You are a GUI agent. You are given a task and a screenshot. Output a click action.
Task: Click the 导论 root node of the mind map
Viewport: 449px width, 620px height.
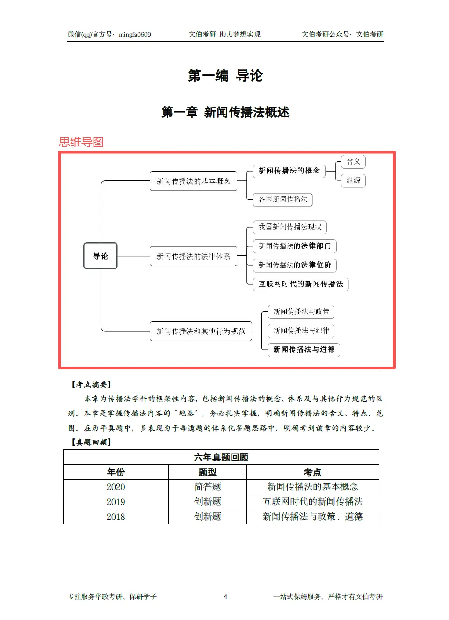click(100, 256)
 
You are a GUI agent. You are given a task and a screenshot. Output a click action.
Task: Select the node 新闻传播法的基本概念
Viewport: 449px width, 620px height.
click(193, 181)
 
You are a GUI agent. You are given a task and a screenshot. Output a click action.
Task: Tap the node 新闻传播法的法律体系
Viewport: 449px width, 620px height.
click(193, 256)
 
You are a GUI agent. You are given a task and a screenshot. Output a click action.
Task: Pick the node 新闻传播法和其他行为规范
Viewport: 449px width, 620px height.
click(201, 331)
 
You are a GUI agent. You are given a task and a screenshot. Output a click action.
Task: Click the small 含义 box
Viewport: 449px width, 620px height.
click(353, 162)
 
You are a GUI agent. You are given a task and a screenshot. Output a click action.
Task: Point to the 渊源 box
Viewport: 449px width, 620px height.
click(353, 180)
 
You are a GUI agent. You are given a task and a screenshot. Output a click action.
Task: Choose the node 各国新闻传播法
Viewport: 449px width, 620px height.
click(283, 200)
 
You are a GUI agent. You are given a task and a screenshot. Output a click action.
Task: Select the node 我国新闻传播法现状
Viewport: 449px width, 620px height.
click(290, 227)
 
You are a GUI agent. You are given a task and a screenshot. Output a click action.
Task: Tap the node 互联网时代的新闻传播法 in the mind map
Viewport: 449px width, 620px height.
click(301, 284)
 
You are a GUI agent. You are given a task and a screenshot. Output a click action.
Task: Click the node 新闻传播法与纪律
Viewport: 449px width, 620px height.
click(301, 331)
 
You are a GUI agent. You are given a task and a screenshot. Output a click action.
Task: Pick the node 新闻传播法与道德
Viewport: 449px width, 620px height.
click(304, 349)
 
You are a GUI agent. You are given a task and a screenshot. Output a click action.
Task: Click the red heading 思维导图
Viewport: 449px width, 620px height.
click(81, 142)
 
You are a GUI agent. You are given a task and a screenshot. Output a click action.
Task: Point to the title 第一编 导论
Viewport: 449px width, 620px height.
click(225, 76)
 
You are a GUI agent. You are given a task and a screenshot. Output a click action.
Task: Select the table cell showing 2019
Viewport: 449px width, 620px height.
click(116, 502)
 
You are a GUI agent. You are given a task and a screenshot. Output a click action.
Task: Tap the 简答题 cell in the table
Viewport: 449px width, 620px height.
click(207, 487)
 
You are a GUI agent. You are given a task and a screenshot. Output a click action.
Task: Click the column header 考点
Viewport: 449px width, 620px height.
click(312, 472)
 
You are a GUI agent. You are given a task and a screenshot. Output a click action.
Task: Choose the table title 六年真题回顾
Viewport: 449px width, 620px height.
click(221, 457)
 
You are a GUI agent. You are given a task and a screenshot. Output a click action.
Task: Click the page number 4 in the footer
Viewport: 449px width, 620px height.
click(225, 597)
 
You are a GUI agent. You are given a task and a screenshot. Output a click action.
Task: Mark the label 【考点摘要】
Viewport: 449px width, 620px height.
click(91, 384)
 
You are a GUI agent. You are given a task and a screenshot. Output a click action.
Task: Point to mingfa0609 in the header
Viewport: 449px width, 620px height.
click(135, 35)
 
